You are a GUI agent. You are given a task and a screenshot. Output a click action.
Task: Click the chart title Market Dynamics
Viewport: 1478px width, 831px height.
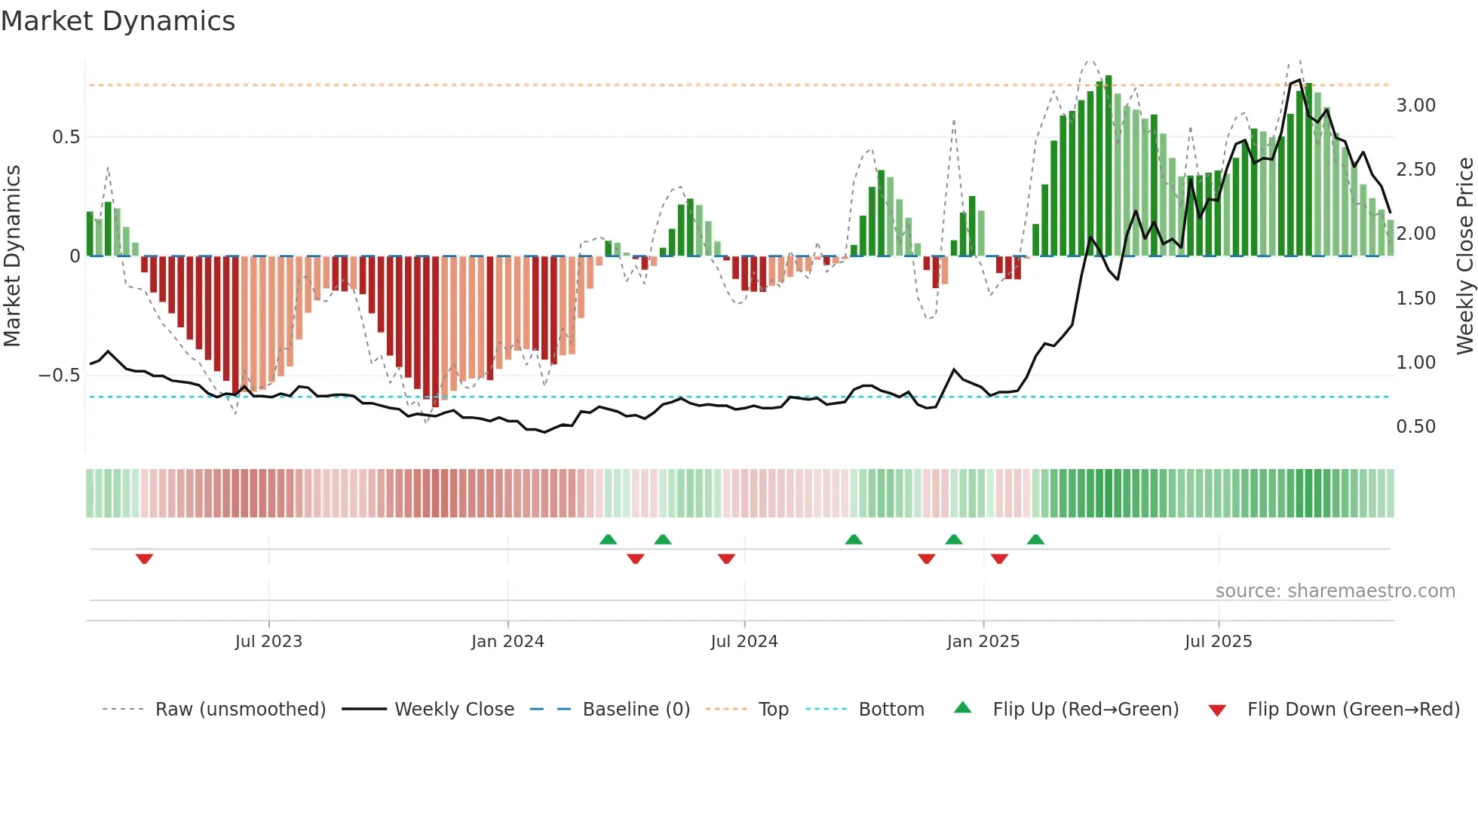118,21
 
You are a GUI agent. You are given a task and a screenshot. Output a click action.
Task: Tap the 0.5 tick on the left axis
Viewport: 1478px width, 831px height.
66,136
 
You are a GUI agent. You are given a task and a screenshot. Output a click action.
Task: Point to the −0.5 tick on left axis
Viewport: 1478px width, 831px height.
59,375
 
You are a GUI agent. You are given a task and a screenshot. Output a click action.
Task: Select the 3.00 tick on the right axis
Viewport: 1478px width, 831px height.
1415,105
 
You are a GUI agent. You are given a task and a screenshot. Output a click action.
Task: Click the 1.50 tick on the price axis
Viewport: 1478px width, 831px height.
1415,298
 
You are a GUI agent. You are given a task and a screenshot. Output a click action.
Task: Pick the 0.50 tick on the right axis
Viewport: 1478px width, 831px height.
1415,426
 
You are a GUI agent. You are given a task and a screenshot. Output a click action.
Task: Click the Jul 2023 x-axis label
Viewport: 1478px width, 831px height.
268,641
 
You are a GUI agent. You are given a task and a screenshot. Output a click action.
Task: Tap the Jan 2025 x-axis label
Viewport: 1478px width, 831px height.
983,641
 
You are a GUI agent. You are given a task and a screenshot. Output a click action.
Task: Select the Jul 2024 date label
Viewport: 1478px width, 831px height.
744,641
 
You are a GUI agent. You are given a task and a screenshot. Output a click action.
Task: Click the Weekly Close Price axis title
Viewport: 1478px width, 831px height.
1464,255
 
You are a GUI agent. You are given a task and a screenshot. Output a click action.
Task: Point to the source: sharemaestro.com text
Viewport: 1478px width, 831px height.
1335,590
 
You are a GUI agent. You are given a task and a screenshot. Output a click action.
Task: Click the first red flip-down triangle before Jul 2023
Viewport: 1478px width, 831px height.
144,558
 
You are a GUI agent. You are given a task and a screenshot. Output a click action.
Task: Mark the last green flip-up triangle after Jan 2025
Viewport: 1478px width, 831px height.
1035,539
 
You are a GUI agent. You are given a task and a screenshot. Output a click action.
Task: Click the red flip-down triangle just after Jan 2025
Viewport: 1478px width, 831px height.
999,558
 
